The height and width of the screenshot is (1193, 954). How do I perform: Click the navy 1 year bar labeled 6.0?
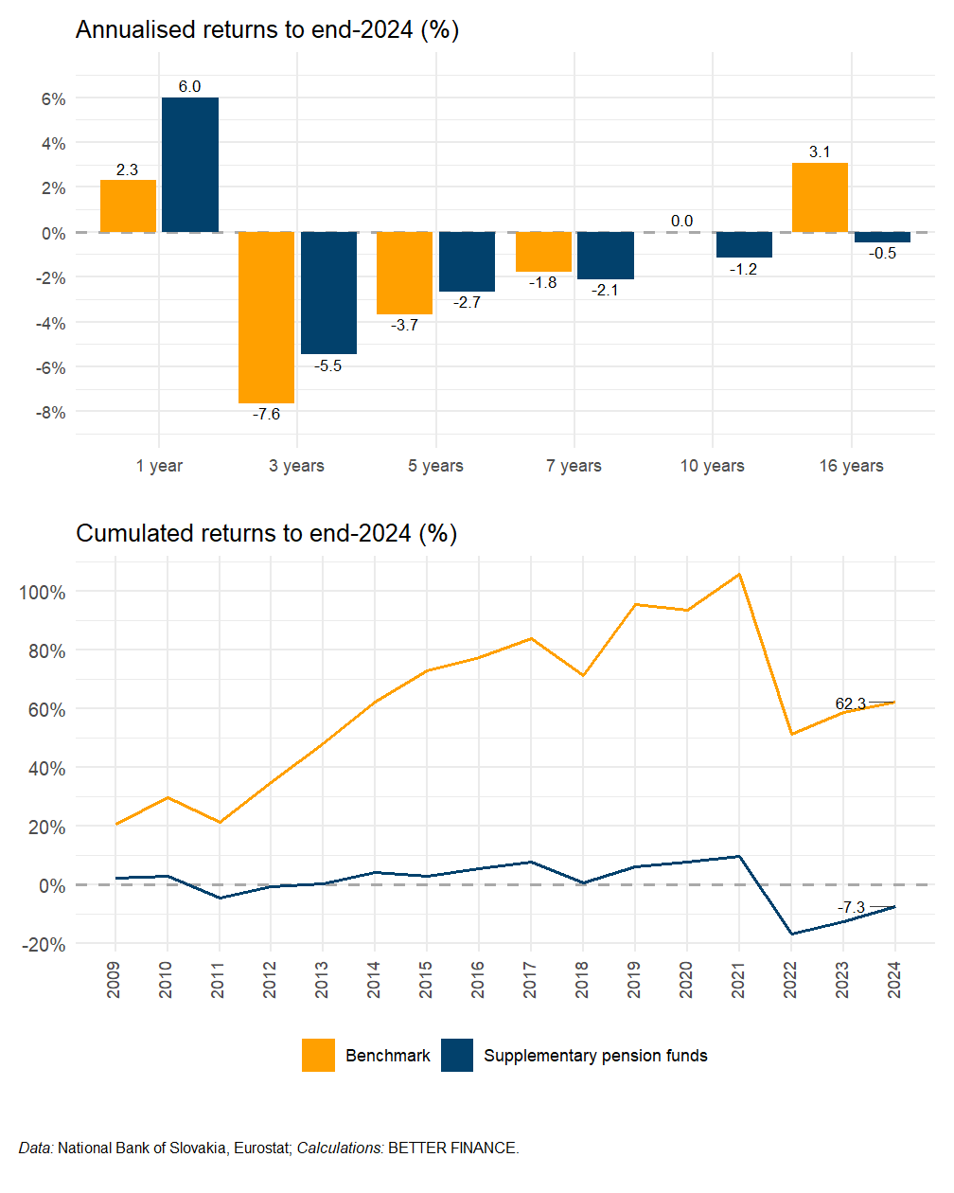(x=190, y=165)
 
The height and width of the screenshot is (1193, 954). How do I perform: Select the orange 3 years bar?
(x=266, y=317)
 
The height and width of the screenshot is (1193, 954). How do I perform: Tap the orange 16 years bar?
(x=820, y=198)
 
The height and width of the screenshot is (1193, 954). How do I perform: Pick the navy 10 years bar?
(x=744, y=244)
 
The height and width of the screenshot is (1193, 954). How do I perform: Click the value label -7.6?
(x=266, y=415)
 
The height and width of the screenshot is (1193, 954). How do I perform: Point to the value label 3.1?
(x=820, y=152)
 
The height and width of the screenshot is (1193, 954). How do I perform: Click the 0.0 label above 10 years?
(x=681, y=222)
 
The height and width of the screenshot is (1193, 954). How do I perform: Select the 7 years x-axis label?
(x=574, y=466)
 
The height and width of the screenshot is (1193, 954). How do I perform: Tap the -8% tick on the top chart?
(x=50, y=413)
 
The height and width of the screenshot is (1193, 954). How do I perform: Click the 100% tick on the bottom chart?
(x=42, y=593)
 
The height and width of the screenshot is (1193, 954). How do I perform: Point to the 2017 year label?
(x=530, y=979)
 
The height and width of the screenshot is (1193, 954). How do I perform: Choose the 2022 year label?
(x=790, y=979)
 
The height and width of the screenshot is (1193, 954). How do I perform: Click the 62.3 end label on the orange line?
(x=850, y=703)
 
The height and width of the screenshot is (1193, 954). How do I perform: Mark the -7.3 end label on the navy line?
(x=852, y=907)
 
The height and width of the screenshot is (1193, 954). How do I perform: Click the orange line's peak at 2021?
(x=739, y=574)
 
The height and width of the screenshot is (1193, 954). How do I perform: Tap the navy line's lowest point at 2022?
(x=791, y=935)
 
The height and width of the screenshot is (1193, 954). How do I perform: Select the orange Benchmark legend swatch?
(x=318, y=1055)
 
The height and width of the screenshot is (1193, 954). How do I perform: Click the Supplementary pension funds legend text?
(x=595, y=1056)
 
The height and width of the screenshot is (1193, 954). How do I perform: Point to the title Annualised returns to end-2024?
(x=267, y=30)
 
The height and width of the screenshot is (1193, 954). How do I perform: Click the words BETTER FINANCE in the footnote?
(x=452, y=1148)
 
